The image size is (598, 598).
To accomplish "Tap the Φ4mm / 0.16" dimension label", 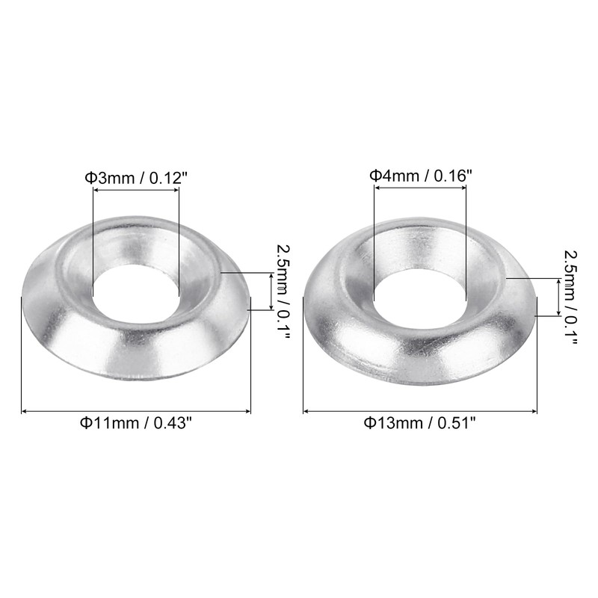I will pos(421,176).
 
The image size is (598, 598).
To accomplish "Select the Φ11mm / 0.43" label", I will pos(135,423).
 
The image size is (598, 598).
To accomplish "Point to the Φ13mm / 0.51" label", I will pos(420,423).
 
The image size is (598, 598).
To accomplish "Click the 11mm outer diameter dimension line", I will pos(135,410).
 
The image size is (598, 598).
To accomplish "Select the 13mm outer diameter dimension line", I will pos(420,410).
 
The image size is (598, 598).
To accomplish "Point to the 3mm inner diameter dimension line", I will pos(135,190).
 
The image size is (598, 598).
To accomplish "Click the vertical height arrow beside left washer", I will pos(271,292).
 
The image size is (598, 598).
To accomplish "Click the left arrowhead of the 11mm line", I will pos(24,410).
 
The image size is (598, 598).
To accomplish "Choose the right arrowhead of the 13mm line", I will pos(534,410).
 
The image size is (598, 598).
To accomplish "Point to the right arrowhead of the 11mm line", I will pos(247,410).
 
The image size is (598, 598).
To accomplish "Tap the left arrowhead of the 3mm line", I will pos(96,190).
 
